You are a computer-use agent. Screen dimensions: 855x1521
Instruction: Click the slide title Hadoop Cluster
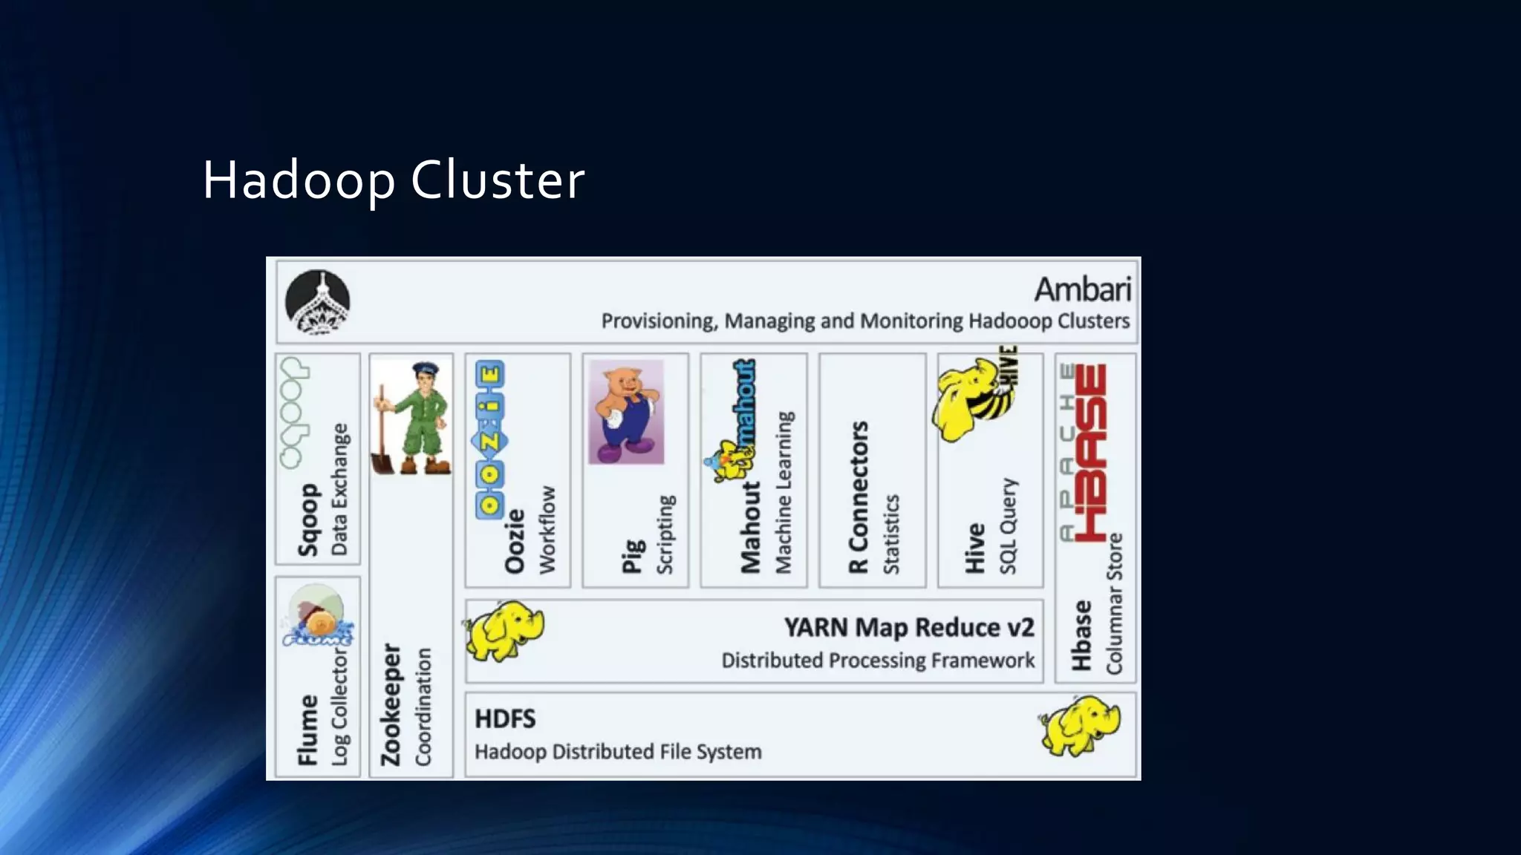pos(393,180)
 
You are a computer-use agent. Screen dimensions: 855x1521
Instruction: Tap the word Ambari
pos(1082,289)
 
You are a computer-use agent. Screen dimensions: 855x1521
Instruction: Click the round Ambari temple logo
pos(318,302)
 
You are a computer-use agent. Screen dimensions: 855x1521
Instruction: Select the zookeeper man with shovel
pos(411,418)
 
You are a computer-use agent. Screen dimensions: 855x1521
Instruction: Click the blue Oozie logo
pos(490,439)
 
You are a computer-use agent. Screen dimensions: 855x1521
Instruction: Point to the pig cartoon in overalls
pos(626,413)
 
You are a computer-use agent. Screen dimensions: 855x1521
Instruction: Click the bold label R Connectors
pos(859,497)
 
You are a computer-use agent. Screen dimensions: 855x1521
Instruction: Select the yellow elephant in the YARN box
pos(505,631)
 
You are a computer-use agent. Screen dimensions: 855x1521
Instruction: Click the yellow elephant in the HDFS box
pos(1081,725)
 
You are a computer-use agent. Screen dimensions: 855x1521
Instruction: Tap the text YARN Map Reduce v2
pos(908,628)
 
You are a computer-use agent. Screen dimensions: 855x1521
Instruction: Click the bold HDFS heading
pos(505,719)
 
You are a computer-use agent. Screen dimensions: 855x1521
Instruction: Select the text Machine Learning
pos(784,493)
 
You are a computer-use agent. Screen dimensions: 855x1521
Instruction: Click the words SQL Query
pos(1008,525)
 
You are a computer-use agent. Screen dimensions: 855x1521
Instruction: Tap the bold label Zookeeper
pos(391,704)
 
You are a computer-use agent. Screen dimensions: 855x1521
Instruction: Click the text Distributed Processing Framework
pos(877,661)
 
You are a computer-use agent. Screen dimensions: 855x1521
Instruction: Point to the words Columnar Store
pos(1115,603)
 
